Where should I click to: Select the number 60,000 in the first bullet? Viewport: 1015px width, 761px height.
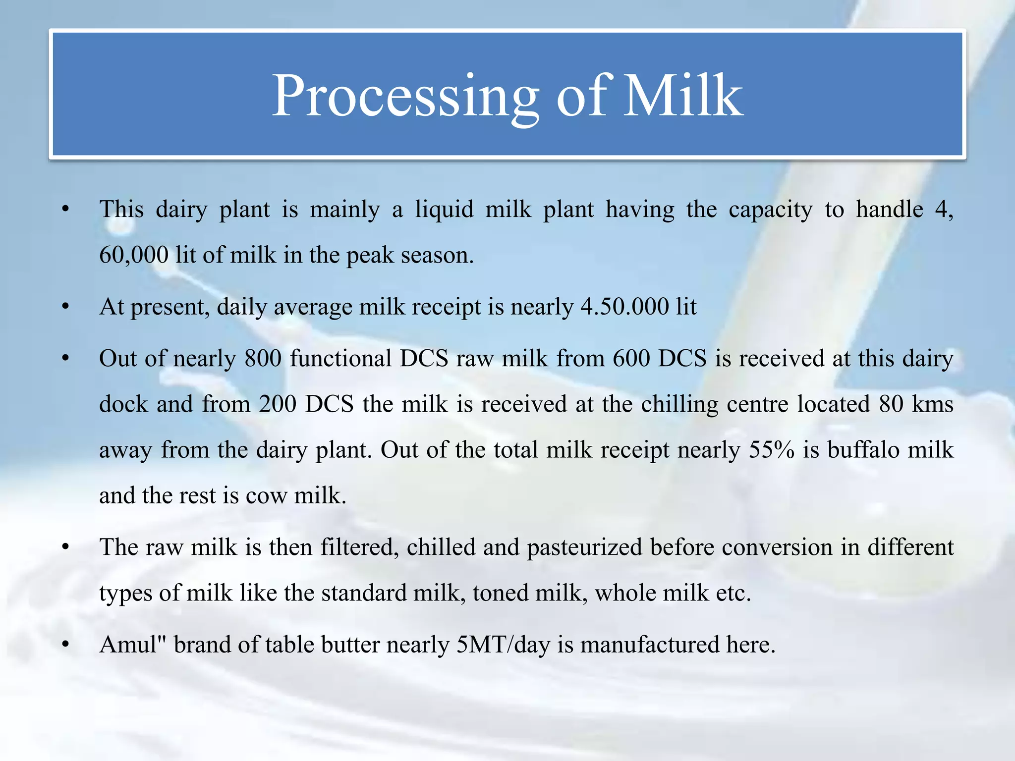(134, 256)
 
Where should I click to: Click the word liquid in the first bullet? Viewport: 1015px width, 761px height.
(444, 210)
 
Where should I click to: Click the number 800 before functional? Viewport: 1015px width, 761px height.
(263, 359)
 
